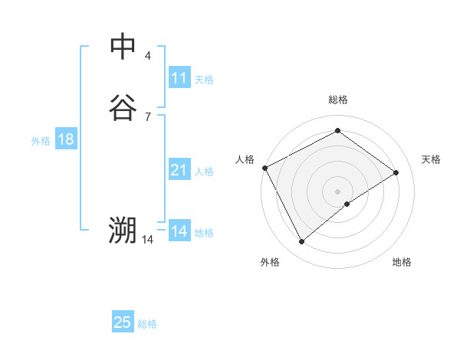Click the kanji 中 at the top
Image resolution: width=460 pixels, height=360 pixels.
(123, 46)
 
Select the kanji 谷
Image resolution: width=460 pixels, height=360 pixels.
(123, 107)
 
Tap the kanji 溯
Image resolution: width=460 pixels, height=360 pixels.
(123, 230)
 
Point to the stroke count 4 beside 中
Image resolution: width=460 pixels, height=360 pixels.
(148, 55)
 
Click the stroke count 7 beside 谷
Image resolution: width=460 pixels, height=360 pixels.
(148, 116)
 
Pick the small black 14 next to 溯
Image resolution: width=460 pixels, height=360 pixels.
(148, 240)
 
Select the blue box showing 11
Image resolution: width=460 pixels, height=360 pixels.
(179, 78)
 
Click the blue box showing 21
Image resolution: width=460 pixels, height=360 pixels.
(179, 170)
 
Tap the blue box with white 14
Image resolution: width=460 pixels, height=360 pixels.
(179, 231)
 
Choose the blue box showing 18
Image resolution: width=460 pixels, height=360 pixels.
(66, 139)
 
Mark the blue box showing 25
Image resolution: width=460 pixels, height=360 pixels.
(123, 322)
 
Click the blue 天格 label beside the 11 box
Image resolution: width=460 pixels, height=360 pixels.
(204, 79)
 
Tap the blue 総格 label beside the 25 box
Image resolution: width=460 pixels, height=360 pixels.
(147, 324)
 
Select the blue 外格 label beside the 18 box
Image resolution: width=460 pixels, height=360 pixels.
(41, 141)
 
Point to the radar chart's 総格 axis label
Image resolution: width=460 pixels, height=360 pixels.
(337, 100)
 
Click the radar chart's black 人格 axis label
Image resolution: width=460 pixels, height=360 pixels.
(245, 159)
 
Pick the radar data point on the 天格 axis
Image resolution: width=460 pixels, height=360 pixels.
(396, 172)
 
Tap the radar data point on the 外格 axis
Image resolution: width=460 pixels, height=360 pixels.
(301, 242)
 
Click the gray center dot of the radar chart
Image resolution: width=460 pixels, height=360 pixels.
(337, 191)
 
